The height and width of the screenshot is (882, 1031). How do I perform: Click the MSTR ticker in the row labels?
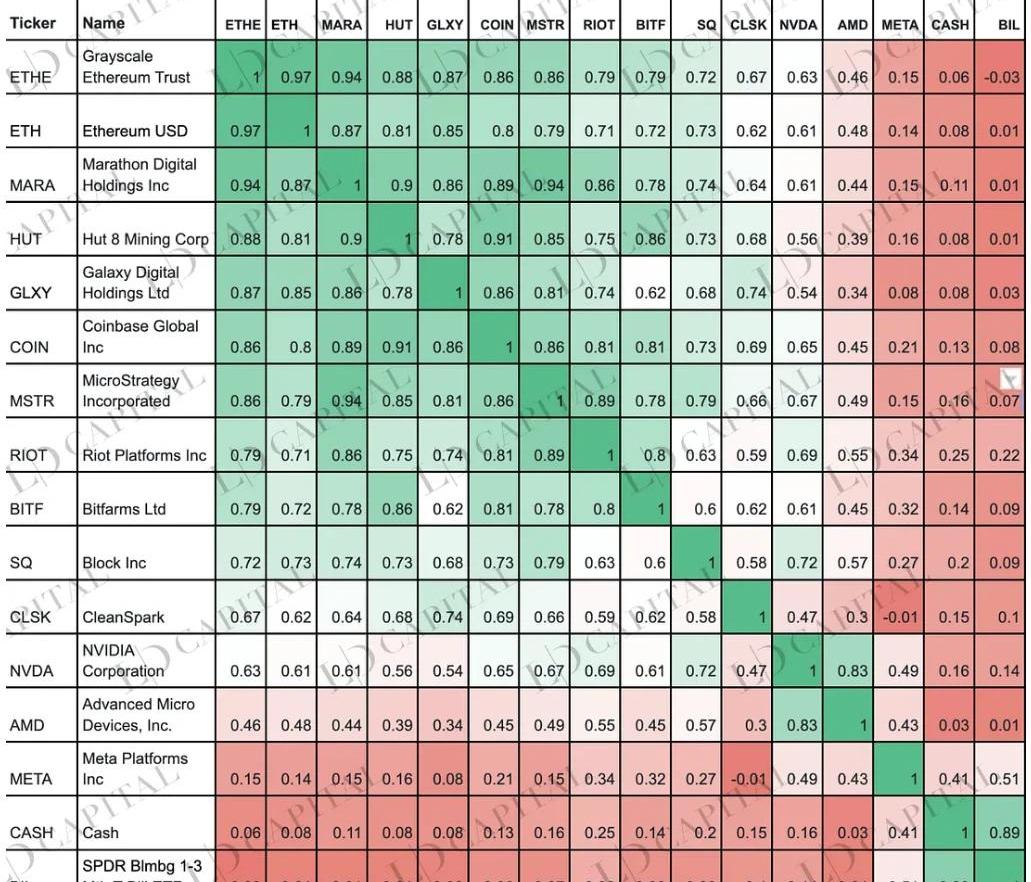[x=31, y=402]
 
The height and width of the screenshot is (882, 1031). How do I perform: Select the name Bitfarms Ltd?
[x=124, y=509]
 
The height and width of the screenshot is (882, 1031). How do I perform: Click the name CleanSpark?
[x=123, y=617]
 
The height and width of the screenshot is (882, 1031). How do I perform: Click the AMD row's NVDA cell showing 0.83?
[x=799, y=725]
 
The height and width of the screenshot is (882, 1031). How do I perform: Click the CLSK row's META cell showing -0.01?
[x=899, y=617]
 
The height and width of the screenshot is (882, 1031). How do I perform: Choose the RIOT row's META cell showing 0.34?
[x=899, y=455]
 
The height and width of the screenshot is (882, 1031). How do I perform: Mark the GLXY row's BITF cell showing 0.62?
[x=651, y=293]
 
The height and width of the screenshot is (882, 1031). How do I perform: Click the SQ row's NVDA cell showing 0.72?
[x=799, y=563]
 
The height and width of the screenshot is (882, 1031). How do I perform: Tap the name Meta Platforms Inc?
[x=134, y=768]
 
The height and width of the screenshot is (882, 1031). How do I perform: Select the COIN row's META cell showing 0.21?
[x=899, y=347]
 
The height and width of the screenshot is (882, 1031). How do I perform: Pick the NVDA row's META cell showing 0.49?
[x=899, y=671]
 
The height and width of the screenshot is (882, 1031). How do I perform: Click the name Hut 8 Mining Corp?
[x=145, y=239]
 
